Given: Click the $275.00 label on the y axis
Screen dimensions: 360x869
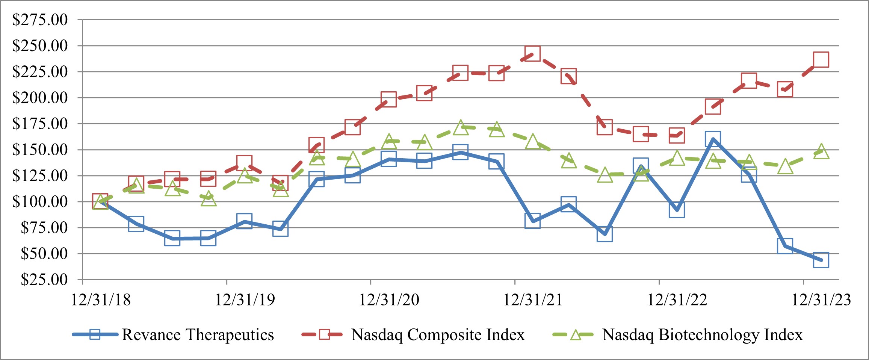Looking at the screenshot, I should pyautogui.click(x=40, y=20).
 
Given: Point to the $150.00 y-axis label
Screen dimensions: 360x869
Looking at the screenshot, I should pyautogui.click(x=40, y=150).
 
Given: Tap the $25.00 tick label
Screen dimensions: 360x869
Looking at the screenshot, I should pyautogui.click(x=44, y=280).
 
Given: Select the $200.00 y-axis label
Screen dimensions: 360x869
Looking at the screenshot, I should pyautogui.click(x=40, y=98).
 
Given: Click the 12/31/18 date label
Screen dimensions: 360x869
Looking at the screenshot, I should pyautogui.click(x=101, y=300).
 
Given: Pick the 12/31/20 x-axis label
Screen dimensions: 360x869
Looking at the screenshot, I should pyautogui.click(x=389, y=300).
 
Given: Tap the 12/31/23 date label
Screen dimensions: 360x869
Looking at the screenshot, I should pyautogui.click(x=821, y=300).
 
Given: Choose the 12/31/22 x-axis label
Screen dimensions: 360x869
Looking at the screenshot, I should pyautogui.click(x=677, y=300).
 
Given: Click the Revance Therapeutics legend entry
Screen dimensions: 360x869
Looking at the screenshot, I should pyautogui.click(x=198, y=334).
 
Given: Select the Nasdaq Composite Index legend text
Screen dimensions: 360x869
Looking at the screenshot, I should pyautogui.click(x=438, y=334).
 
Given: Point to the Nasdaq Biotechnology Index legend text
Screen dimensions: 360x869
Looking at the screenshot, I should pyautogui.click(x=702, y=334).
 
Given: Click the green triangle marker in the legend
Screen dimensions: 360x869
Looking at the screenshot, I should pyautogui.click(x=576, y=335).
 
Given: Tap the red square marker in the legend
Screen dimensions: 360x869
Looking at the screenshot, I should pyautogui.click(x=324, y=334).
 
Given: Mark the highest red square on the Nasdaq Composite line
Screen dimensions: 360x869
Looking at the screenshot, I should pyautogui.click(x=532, y=54).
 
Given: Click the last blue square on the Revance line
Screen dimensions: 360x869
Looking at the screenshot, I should pyautogui.click(x=821, y=260).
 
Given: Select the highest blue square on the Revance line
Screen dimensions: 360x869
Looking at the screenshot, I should pyautogui.click(x=713, y=139).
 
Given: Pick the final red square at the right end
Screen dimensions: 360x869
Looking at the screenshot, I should pyautogui.click(x=821, y=59).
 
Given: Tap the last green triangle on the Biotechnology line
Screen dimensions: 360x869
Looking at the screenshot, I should pyautogui.click(x=821, y=151).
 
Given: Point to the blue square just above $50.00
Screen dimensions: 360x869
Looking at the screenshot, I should pyautogui.click(x=785, y=246).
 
